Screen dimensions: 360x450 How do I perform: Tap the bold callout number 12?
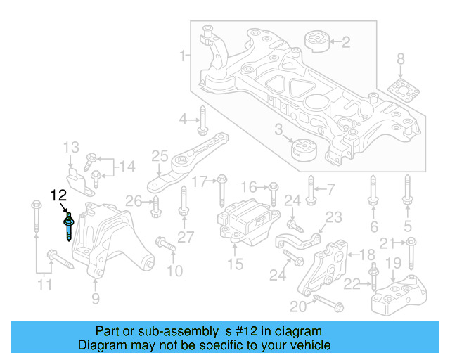58,195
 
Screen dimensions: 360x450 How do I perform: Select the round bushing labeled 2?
317,41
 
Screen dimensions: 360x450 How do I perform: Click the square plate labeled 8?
401,92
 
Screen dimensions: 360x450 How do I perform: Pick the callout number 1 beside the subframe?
181,56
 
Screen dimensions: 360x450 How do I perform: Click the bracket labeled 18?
326,267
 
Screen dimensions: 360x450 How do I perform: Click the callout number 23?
333,217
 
